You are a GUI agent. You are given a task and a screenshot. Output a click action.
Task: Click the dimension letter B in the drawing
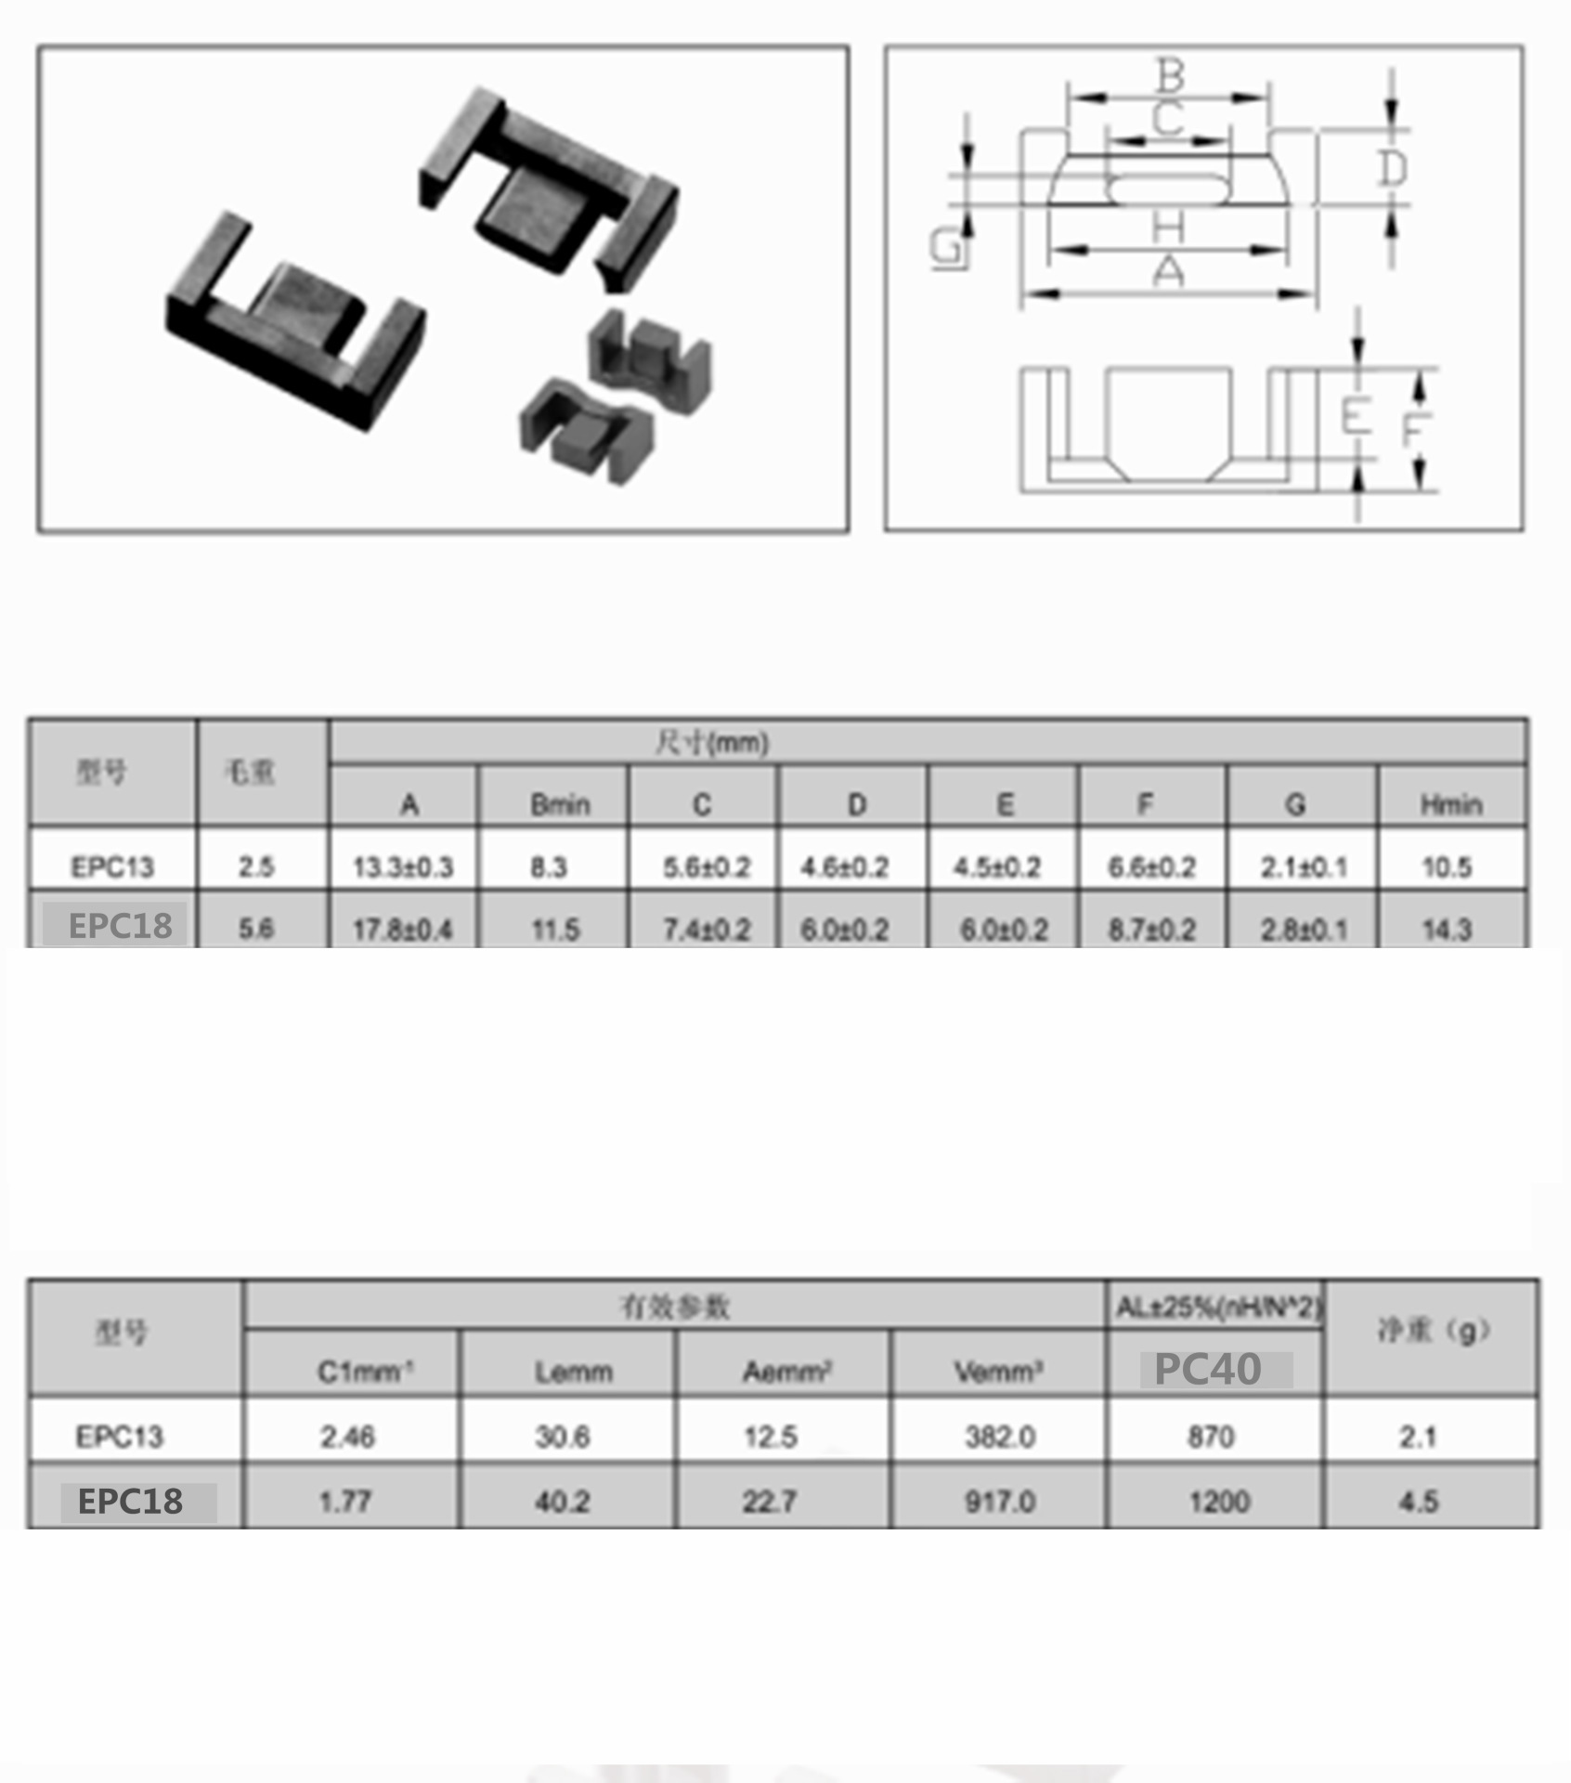pos(1170,74)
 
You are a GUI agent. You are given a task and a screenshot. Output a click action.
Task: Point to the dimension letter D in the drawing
pos(1392,169)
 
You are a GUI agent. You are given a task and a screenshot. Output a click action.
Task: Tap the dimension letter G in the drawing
pos(946,248)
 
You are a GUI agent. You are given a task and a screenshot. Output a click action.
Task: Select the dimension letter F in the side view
pos(1414,429)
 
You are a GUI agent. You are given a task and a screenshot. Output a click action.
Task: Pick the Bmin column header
pos(560,804)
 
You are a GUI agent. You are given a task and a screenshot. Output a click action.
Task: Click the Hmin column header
pos(1450,804)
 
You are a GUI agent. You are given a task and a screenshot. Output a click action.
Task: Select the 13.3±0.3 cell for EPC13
pos(403,867)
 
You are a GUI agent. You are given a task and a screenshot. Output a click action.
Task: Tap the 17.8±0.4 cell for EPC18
pos(403,929)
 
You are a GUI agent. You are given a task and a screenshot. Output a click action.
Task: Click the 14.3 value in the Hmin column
pos(1447,929)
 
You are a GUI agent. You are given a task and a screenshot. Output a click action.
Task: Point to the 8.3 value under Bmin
pos(549,867)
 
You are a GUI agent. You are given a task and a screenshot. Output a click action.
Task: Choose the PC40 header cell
pos(1208,1369)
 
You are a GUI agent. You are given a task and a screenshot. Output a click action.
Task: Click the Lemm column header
pos(573,1372)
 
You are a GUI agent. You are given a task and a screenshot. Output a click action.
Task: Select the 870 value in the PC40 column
pos(1211,1437)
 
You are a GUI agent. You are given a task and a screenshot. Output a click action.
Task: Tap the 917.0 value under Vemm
pos(999,1501)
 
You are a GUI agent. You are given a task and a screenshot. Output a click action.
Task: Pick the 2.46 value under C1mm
pos(347,1437)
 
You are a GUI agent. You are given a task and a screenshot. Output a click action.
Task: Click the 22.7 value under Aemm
pos(770,1501)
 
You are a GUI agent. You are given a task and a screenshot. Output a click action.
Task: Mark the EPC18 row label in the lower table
pos(130,1501)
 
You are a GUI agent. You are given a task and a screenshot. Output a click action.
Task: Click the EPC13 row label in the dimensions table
pos(112,867)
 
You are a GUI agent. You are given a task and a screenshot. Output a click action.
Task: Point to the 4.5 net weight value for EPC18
pos(1418,1501)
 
